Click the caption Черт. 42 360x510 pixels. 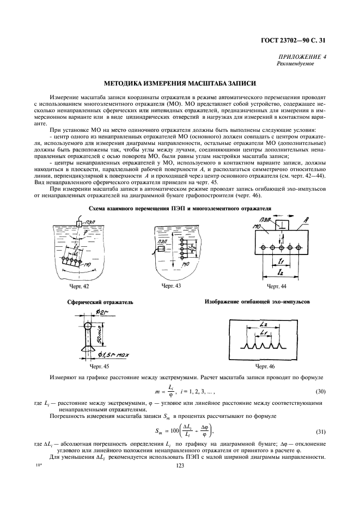[79, 286]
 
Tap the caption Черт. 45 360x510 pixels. [99, 367]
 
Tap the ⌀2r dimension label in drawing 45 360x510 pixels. [106, 312]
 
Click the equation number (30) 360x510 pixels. [321, 392]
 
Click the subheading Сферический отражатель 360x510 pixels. [100, 301]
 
